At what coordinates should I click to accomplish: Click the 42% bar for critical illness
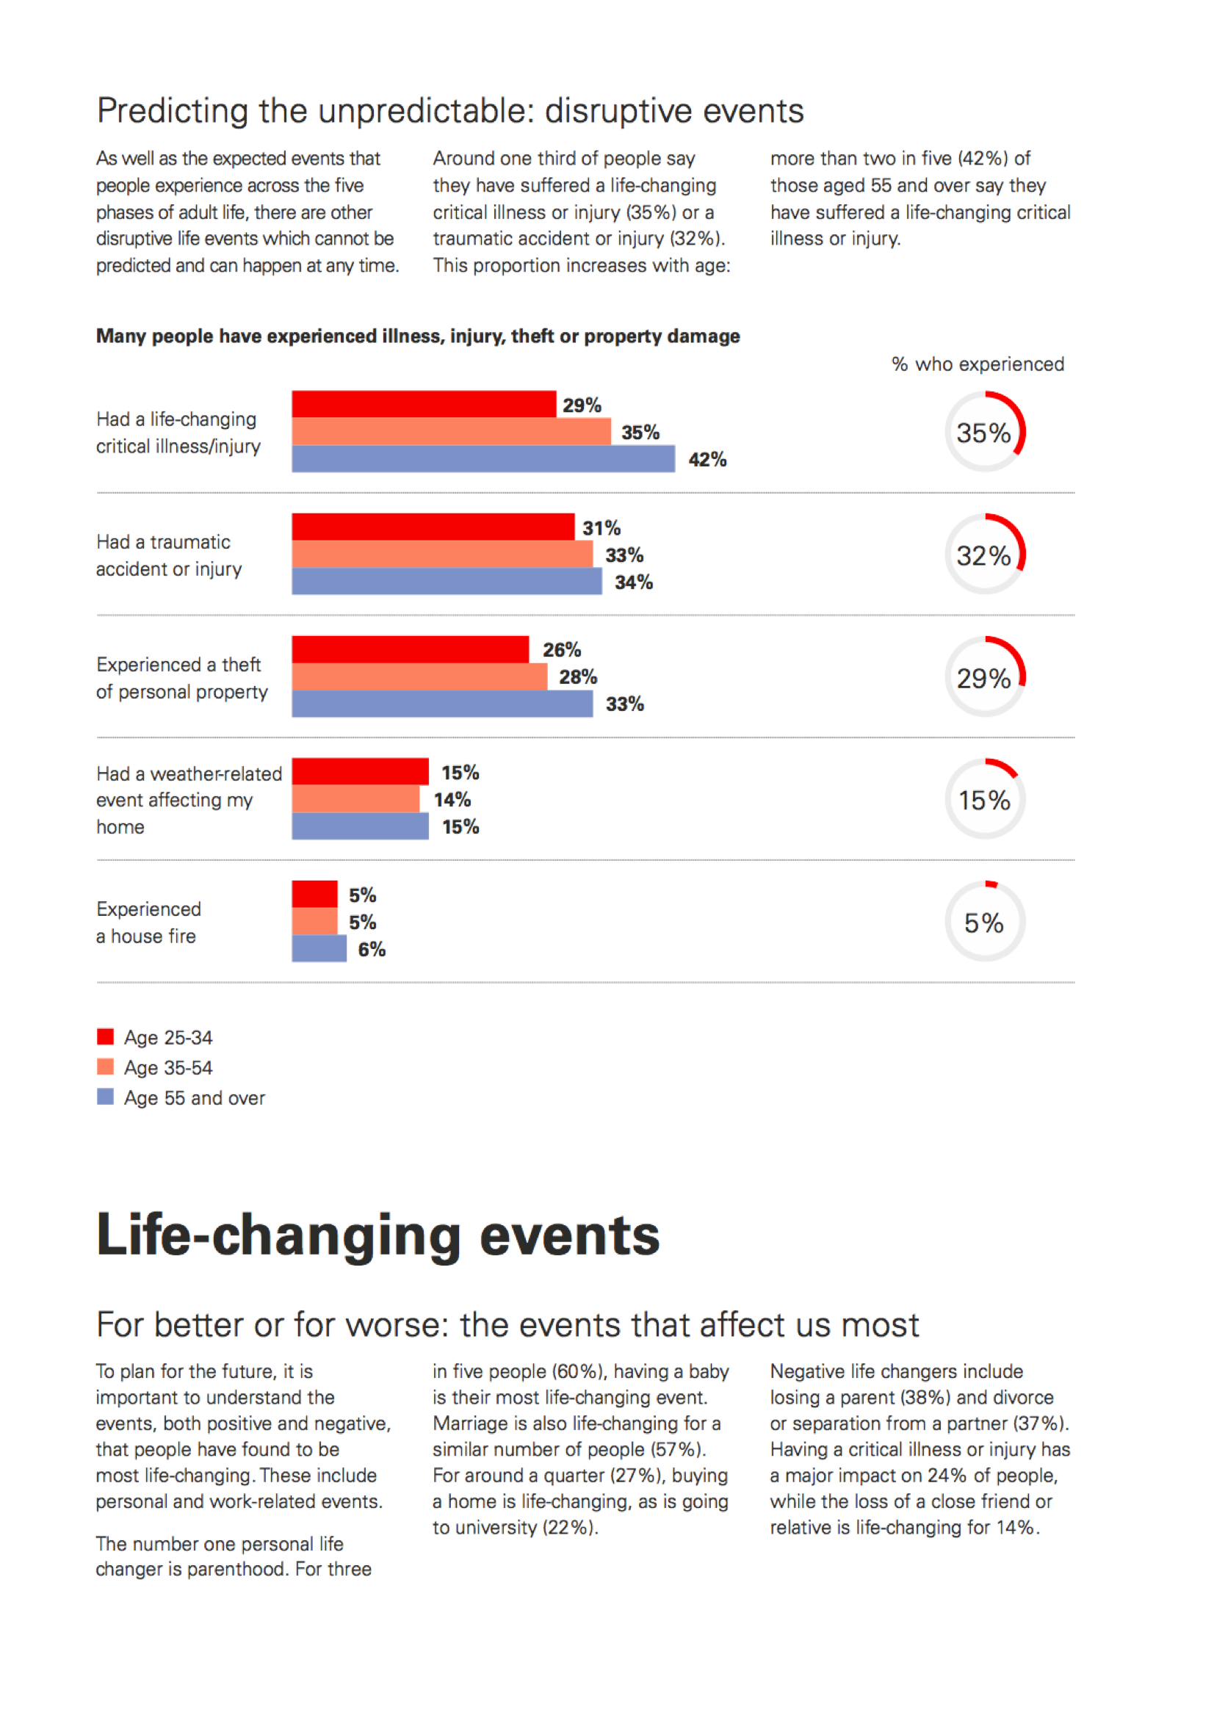point(483,458)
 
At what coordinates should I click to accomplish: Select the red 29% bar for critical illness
point(424,404)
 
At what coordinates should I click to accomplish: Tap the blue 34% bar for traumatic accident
point(447,582)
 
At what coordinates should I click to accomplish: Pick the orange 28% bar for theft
point(419,676)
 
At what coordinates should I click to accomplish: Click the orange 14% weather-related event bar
point(355,799)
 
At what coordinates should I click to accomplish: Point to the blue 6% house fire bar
point(319,949)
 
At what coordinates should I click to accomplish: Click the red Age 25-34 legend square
point(106,1036)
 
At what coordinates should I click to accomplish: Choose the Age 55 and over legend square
point(106,1097)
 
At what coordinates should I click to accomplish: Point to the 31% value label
point(601,528)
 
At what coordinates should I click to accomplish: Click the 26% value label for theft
point(562,650)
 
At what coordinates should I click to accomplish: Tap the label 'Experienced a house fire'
point(148,923)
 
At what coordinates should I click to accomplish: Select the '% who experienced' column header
point(978,364)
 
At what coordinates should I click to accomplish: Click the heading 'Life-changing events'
point(378,1235)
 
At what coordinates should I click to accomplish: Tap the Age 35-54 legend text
point(168,1068)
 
